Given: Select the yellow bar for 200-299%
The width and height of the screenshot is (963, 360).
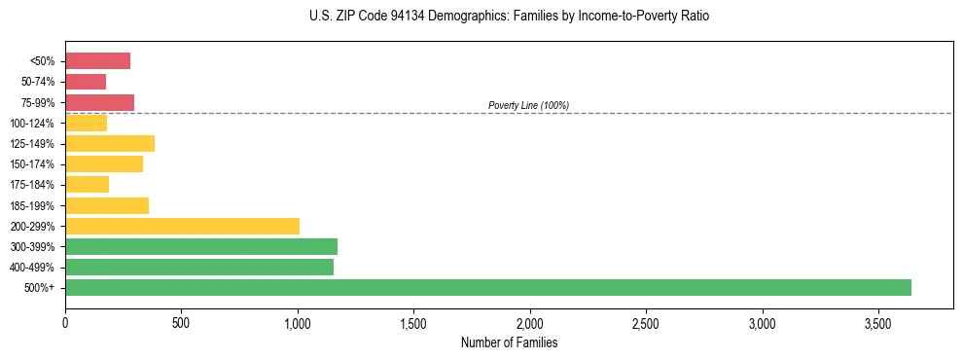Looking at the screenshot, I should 182,226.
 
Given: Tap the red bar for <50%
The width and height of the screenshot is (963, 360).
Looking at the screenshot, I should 97,61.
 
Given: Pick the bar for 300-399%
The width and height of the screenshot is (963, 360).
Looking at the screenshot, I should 201,246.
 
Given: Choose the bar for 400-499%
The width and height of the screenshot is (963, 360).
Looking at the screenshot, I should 199,267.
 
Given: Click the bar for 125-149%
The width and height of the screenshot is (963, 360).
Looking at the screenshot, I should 110,144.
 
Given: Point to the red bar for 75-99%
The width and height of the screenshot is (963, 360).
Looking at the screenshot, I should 99,102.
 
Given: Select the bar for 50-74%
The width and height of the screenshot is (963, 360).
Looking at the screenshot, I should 86,82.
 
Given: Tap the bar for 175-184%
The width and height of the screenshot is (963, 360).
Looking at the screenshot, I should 87,185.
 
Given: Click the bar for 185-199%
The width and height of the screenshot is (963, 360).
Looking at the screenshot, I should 107,205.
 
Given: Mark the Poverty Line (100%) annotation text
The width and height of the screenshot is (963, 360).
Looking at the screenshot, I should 528,105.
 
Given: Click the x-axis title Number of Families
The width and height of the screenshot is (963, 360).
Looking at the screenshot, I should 509,342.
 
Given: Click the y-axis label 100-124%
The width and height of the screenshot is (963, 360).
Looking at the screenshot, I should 32,124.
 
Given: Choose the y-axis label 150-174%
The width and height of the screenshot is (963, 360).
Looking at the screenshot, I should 32,164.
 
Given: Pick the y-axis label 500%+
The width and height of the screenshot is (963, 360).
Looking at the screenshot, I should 40,288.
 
